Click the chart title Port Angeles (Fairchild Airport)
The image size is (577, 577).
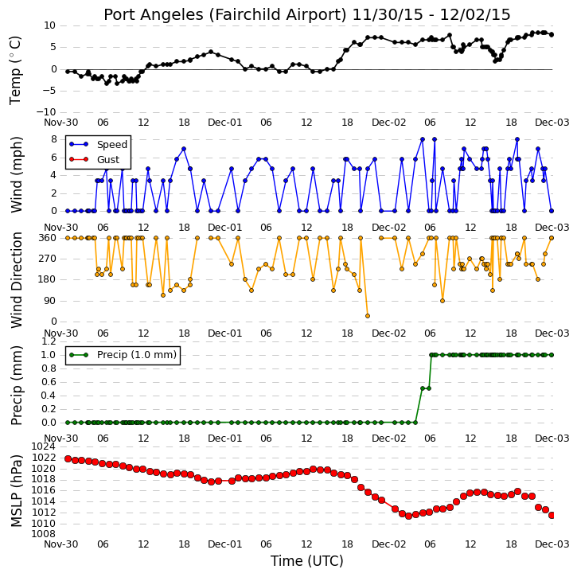pyautogui.click(x=225, y=15)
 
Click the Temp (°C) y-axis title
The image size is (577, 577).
pyautogui.click(x=15, y=70)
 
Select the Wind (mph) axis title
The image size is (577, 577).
pyautogui.click(x=16, y=174)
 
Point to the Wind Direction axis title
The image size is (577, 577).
pyautogui.click(x=16, y=280)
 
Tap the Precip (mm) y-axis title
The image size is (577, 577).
pyautogui.click(x=16, y=386)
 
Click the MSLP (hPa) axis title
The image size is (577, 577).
pyautogui.click(x=16, y=491)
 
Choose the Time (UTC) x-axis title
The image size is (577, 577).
pyautogui.click(x=307, y=561)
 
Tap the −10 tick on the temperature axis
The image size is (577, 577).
pyautogui.click(x=45, y=112)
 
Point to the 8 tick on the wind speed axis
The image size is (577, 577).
pyautogui.click(x=54, y=139)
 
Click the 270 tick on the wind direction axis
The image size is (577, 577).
pyautogui.click(x=48, y=259)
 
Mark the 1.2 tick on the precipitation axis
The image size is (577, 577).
pyautogui.click(x=49, y=341)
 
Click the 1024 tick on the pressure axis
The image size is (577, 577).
pyautogui.click(x=44, y=446)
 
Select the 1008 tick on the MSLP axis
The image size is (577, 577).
pyautogui.click(x=44, y=534)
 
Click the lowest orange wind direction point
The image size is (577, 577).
pyautogui.click(x=367, y=316)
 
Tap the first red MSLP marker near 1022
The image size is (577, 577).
pyautogui.click(x=68, y=459)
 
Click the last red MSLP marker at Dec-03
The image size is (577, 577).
pyautogui.click(x=552, y=516)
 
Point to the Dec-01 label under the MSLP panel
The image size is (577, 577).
pyautogui.click(x=225, y=544)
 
